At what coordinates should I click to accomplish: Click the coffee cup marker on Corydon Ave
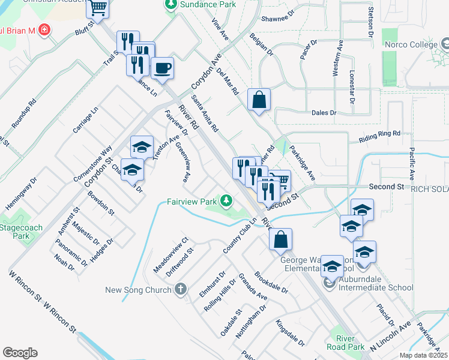pos(161,68)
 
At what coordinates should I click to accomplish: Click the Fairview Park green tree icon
pos(226,200)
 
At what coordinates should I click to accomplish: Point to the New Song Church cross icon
pos(179,290)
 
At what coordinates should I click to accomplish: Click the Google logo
pos(20,353)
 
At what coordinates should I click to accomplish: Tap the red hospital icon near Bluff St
pos(43,29)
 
